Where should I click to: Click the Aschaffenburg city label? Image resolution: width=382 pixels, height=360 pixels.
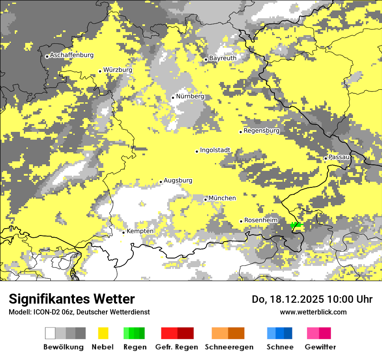point(72,56)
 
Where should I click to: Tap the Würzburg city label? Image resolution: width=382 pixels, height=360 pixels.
point(118,70)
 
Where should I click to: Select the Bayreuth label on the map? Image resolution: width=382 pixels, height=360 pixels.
point(223,58)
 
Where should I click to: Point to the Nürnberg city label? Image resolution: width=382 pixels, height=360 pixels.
point(190,96)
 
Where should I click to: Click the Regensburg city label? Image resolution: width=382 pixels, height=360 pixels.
point(261,131)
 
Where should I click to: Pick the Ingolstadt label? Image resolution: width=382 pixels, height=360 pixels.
point(215,151)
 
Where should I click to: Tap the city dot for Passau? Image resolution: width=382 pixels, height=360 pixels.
point(326,158)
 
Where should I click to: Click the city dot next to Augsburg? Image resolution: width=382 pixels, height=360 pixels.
point(161,182)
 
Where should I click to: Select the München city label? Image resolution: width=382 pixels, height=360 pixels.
point(222,198)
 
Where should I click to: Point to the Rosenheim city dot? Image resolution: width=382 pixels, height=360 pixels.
point(241,221)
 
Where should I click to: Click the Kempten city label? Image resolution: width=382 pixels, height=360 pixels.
point(140,231)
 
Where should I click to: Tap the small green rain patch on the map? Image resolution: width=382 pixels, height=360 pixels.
point(296,225)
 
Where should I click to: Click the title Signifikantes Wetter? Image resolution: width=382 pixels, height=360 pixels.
point(72,299)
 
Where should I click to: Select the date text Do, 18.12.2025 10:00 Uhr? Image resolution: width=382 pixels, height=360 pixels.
point(312,299)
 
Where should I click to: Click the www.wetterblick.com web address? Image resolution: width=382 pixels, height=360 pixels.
point(313,312)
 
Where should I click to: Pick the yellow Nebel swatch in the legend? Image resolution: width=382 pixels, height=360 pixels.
point(103,333)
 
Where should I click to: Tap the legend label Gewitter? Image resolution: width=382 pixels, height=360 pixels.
point(320,347)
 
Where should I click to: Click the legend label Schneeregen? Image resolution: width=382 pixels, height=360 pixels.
point(229,347)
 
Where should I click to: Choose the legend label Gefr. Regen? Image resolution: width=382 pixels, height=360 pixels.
point(177,347)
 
